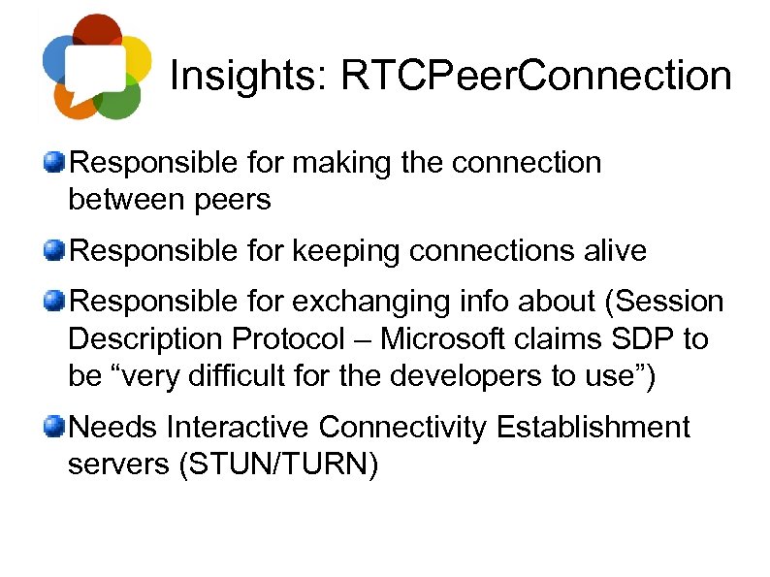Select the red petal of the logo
tap(97, 29)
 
